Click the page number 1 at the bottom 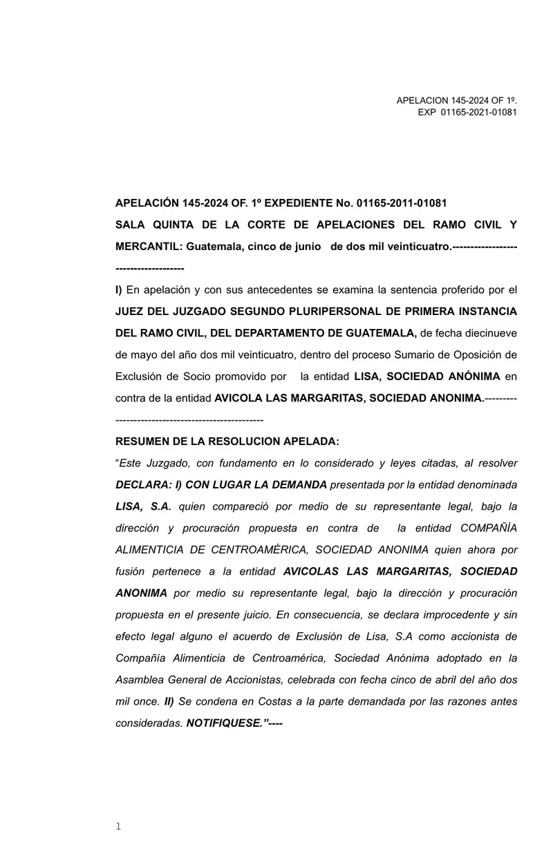click(x=118, y=826)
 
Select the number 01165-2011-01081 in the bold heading click(x=402, y=203)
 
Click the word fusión click(x=131, y=571)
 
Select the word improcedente click(x=442, y=615)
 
